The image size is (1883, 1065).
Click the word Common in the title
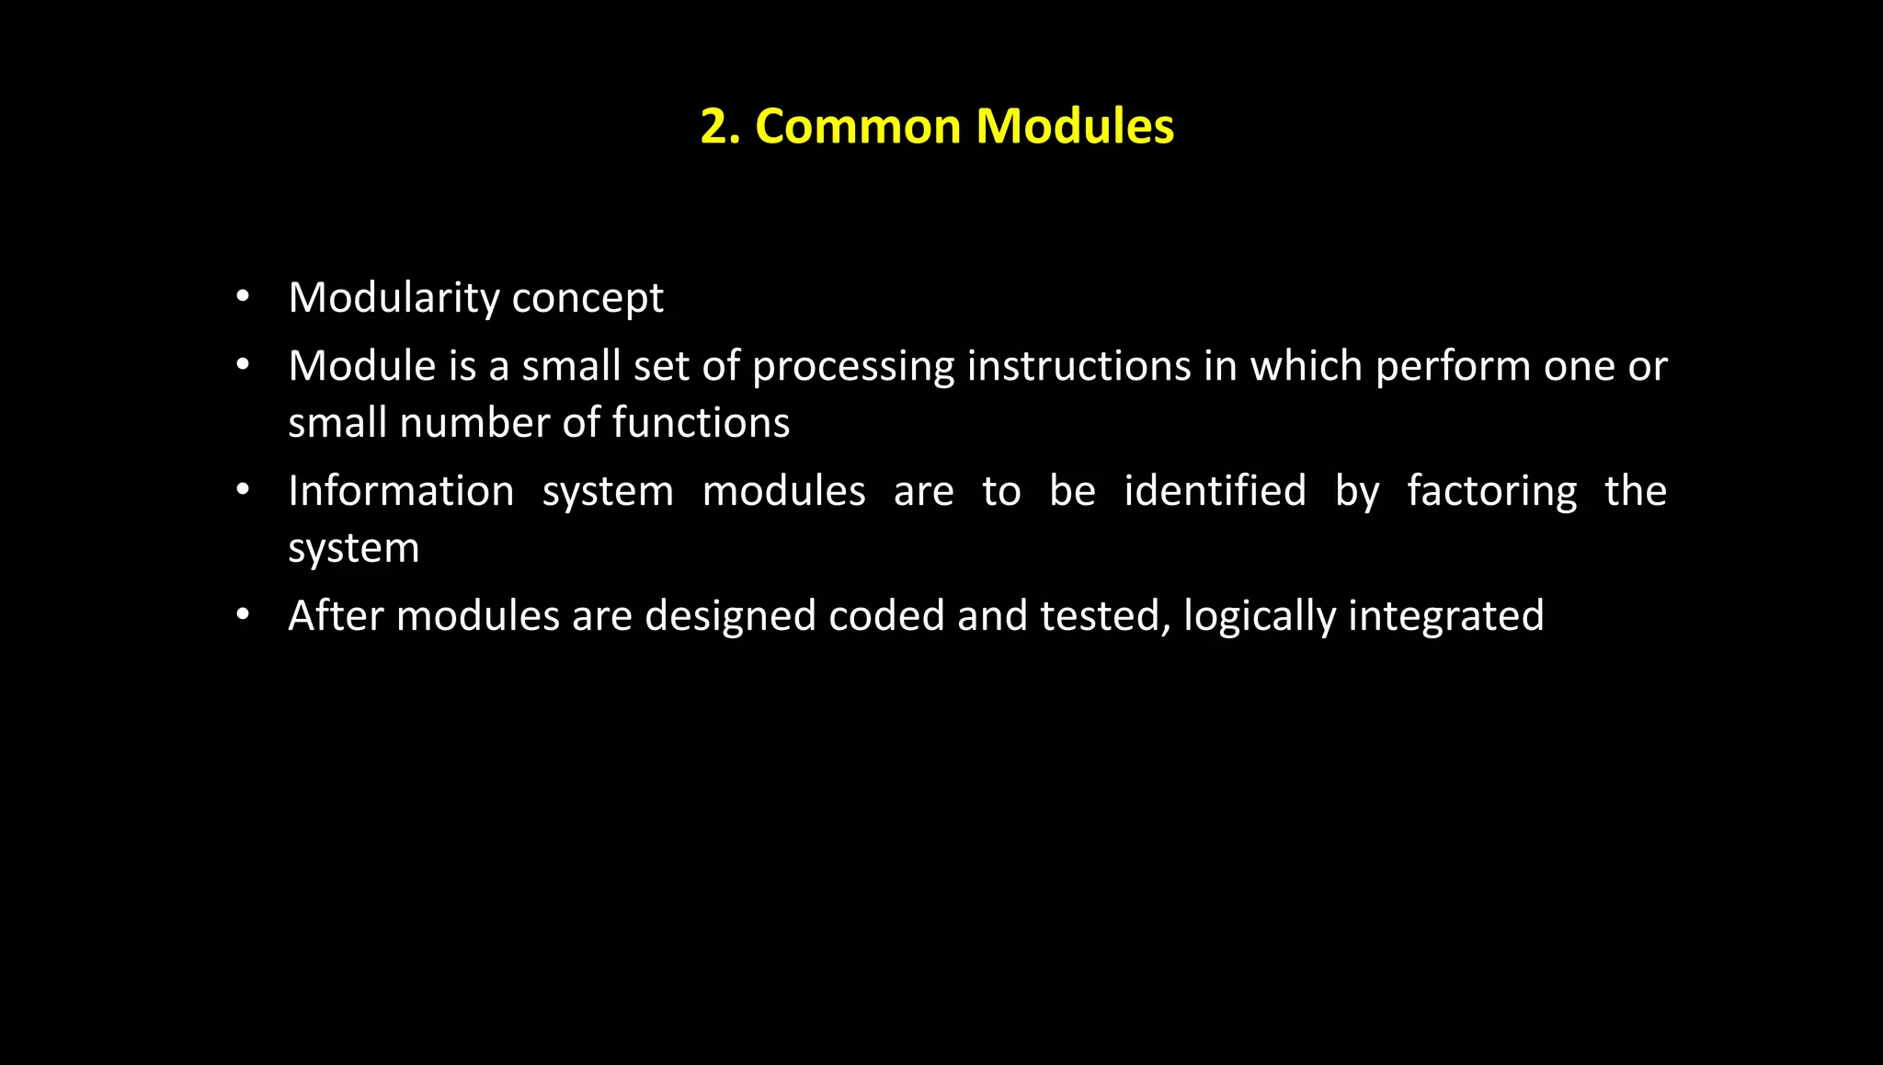858,126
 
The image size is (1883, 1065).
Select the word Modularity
394,298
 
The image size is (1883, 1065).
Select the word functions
701,423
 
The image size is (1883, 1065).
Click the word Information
401,491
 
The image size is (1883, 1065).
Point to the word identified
1215,491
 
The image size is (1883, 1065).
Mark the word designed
730,616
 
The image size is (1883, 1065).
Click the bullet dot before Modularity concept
243,296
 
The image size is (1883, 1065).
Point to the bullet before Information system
243,489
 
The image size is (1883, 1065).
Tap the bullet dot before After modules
243,614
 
